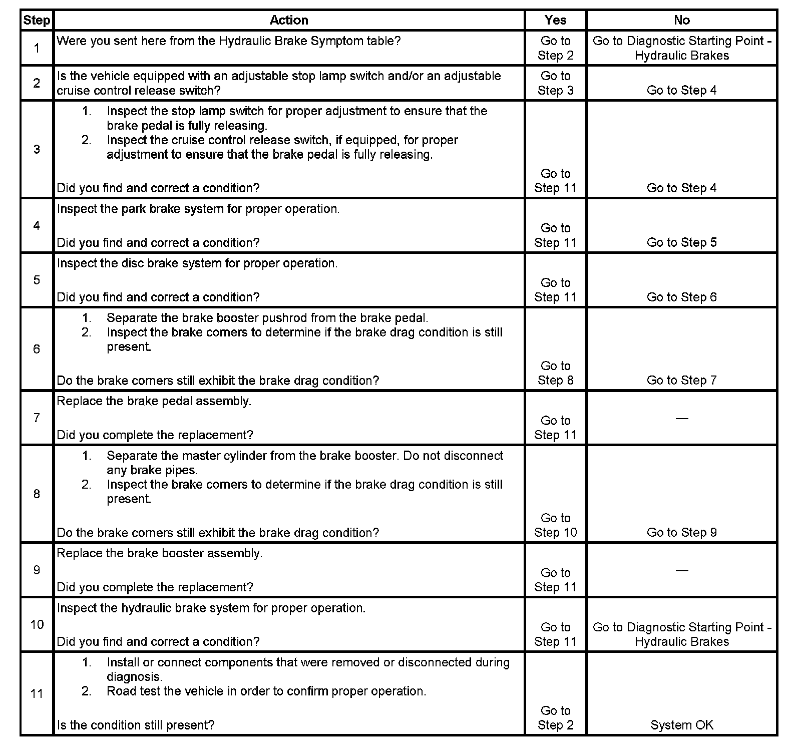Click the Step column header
tap(37, 21)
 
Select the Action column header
tap(289, 21)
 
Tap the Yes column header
tap(555, 21)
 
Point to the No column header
tap(681, 21)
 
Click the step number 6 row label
tap(37, 349)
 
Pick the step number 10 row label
tap(37, 624)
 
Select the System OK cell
tap(681, 725)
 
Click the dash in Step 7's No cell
tap(681, 418)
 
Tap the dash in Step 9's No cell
tap(681, 570)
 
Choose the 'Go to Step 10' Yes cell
tap(555, 525)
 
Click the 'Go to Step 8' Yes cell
tap(555, 373)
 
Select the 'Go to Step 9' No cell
tap(681, 532)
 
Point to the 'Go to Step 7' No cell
tap(681, 380)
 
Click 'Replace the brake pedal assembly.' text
tap(154, 402)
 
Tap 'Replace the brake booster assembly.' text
tap(159, 554)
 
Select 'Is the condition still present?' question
tap(135, 725)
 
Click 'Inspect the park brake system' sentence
tap(198, 209)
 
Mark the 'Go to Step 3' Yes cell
tap(555, 83)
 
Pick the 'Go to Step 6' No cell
tap(681, 297)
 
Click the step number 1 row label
tap(37, 48)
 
